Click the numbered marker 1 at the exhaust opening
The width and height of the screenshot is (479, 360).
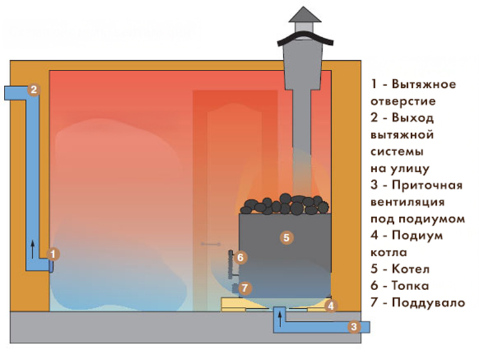tap(53, 254)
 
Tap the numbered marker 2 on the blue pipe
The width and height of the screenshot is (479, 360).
tap(33, 90)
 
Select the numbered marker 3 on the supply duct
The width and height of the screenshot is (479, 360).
tap(353, 327)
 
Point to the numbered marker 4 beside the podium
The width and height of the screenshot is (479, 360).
tap(331, 306)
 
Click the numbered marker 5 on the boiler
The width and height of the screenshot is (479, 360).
tap(286, 238)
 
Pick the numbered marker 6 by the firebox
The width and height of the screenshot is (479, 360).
tap(240, 258)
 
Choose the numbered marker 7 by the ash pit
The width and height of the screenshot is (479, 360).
tap(245, 288)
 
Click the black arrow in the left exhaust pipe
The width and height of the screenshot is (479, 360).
tap(33, 249)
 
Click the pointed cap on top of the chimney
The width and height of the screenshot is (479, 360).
tap(305, 15)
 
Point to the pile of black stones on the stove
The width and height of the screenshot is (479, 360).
tap(285, 204)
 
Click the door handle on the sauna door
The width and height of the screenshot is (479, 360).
tap(211, 244)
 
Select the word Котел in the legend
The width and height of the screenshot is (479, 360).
tap(410, 269)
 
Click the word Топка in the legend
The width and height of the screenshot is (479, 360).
tap(410, 286)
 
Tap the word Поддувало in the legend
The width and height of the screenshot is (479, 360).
tap(428, 303)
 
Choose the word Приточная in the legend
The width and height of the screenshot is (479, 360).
tap(427, 186)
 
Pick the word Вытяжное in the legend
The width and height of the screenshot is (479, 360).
tap(424, 84)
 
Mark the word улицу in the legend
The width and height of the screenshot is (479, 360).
tap(410, 168)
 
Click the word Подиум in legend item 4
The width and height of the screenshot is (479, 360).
tap(417, 236)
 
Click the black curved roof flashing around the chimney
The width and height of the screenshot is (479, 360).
tap(305, 37)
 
